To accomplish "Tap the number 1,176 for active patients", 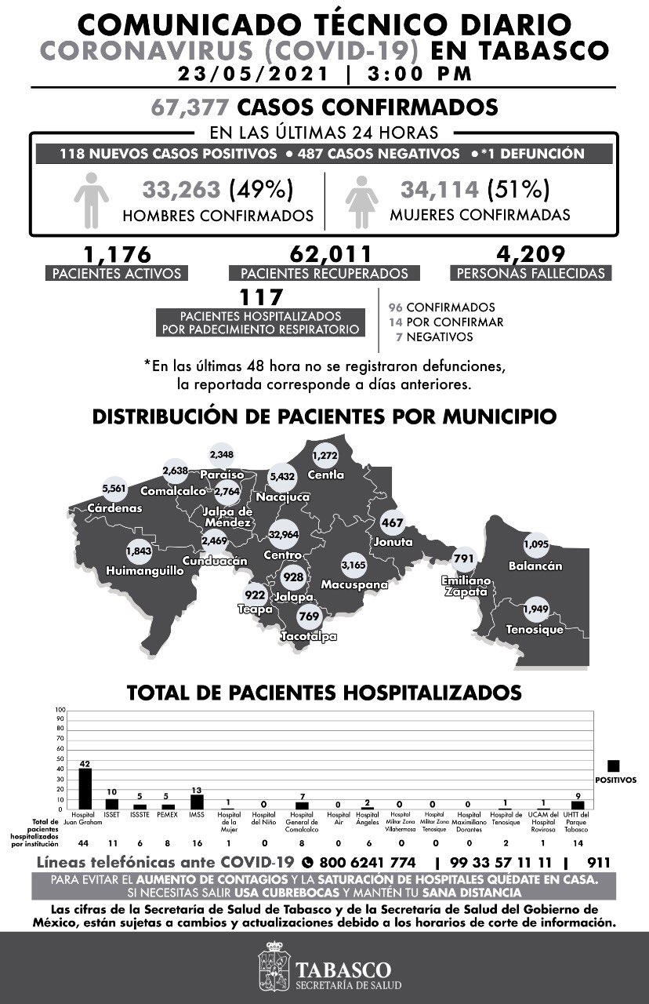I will pyautogui.click(x=117, y=254).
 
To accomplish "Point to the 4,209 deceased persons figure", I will pyautogui.click(x=530, y=254).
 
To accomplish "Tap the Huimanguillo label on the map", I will pyautogui.click(x=145, y=570).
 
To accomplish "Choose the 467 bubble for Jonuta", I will pyautogui.click(x=392, y=523).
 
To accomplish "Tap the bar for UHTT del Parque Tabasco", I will pyautogui.click(x=578, y=805).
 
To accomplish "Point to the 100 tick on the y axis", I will pyautogui.click(x=60, y=711).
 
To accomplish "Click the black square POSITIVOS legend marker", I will pyautogui.click(x=614, y=766).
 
